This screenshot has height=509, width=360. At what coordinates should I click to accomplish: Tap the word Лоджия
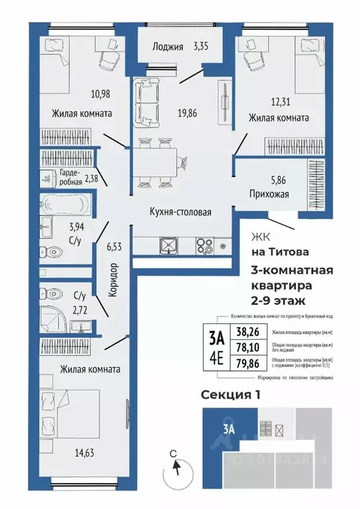coord(166,46)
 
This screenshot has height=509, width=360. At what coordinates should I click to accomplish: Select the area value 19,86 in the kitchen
coord(188,113)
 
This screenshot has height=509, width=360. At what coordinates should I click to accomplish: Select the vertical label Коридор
coord(113,278)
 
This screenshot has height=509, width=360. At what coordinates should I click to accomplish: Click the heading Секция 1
coord(231,394)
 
